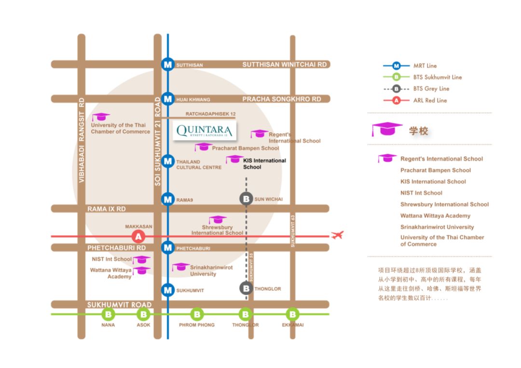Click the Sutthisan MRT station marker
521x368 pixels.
[168, 65]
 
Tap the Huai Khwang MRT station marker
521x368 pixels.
[168, 99]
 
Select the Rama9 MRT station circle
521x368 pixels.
[168, 199]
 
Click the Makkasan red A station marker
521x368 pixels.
[139, 236]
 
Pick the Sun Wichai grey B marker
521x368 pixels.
[247, 199]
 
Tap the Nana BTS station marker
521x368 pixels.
[108, 314]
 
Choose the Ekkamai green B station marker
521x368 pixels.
[292, 314]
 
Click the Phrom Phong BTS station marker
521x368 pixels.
[196, 314]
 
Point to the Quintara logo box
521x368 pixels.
[205, 131]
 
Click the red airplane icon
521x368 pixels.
[338, 235]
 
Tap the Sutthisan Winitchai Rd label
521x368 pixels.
[284, 65]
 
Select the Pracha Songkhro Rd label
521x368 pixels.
[281, 99]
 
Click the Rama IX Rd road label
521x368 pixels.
[107, 209]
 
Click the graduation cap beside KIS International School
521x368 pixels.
[235, 159]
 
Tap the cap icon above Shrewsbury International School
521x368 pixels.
[218, 220]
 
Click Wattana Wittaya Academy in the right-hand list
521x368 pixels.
[435, 216]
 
